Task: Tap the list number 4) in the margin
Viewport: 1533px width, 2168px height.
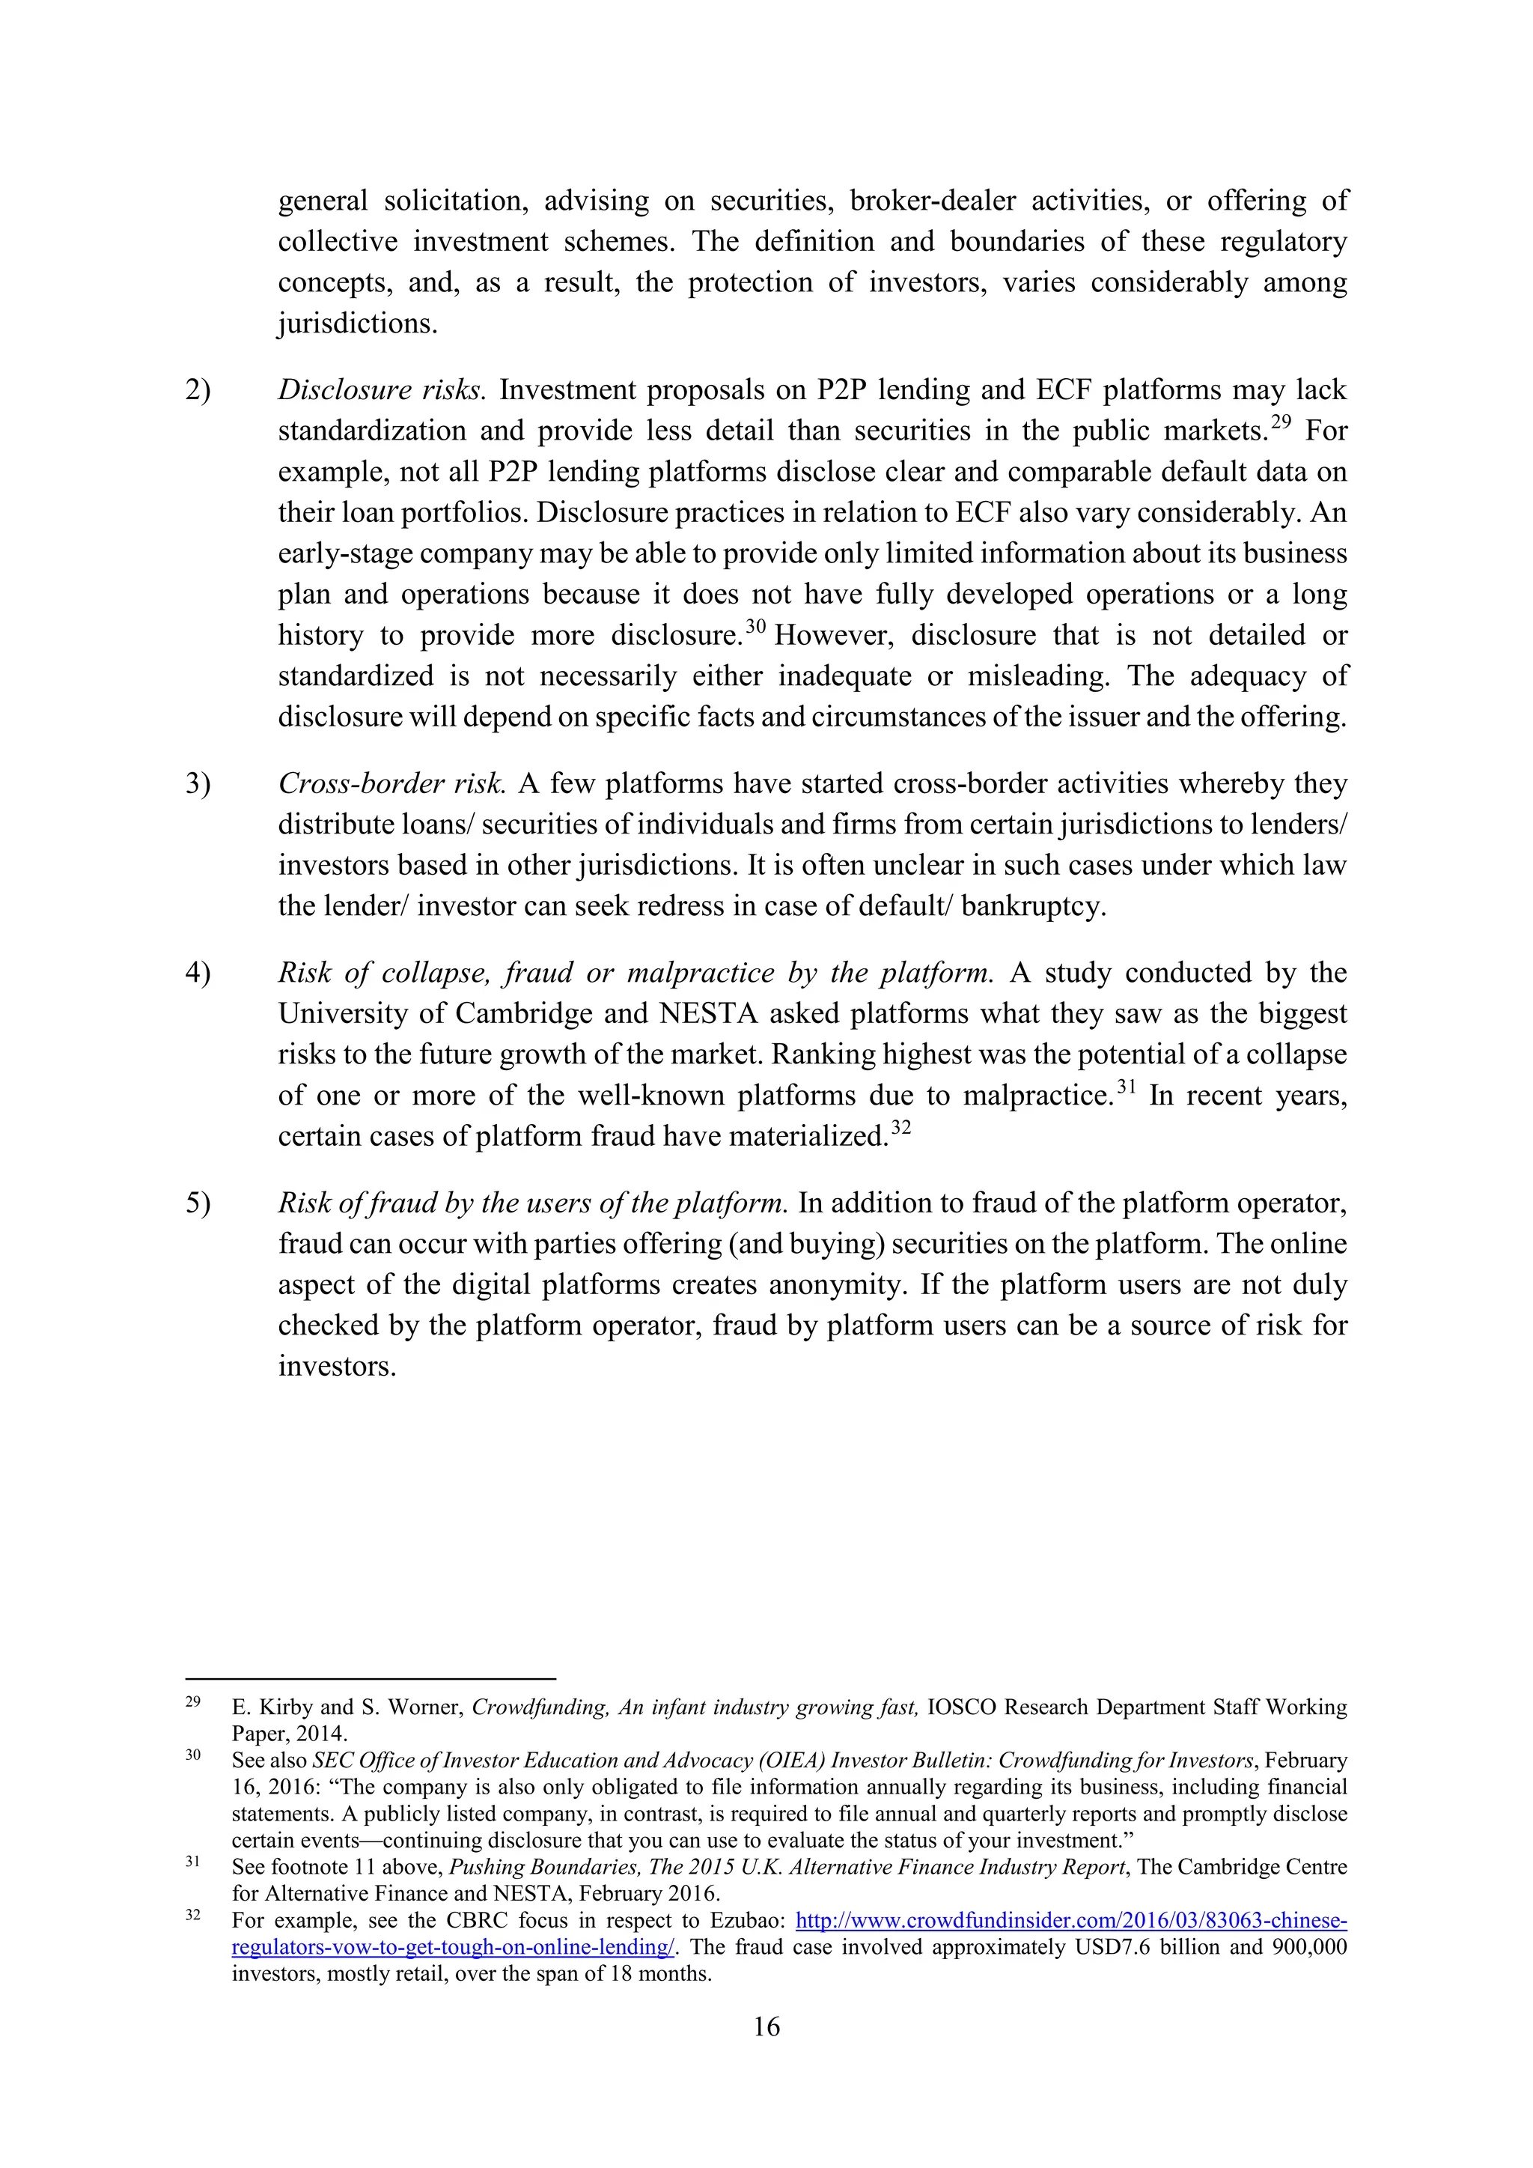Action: (198, 973)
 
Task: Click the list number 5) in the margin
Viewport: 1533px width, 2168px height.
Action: (198, 1203)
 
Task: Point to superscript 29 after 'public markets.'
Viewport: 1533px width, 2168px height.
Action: (1281, 423)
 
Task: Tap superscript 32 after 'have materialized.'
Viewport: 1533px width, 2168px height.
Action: (900, 1128)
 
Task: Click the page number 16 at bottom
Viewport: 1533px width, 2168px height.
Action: (766, 2026)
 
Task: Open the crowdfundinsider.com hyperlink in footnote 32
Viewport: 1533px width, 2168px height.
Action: (1071, 1921)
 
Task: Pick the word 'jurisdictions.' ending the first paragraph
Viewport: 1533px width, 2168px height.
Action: (358, 324)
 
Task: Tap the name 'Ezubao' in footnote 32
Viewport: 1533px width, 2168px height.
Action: (746, 1921)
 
